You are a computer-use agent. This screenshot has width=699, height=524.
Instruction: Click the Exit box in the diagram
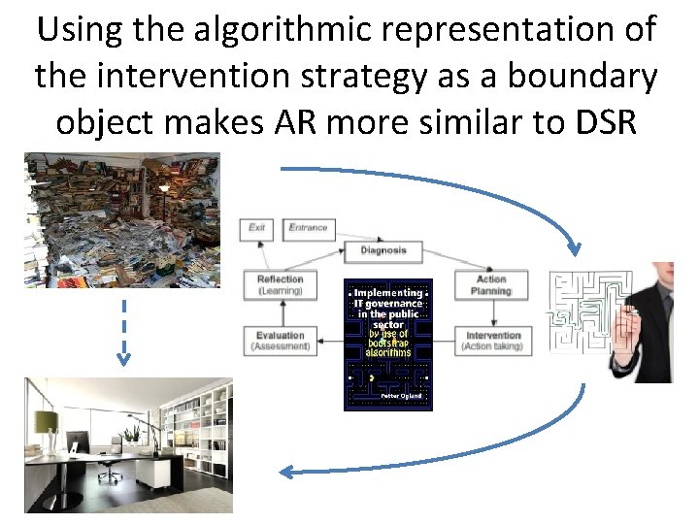pos(257,229)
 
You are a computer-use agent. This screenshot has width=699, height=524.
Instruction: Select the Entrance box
pos(309,229)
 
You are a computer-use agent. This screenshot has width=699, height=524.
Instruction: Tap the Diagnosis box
pos(383,250)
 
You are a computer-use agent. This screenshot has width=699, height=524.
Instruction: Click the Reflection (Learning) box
pos(280,285)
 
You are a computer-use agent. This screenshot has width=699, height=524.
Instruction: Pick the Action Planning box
pos(490,285)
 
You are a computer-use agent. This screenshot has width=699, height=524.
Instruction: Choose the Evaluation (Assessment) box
pos(280,340)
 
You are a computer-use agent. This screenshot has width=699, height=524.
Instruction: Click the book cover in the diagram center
pos(388,344)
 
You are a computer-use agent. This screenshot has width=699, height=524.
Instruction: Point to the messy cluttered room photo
pos(122,220)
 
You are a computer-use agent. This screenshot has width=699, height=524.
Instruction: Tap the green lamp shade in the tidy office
pos(47,420)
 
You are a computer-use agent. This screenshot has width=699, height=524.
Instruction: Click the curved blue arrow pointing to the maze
pos(485,194)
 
